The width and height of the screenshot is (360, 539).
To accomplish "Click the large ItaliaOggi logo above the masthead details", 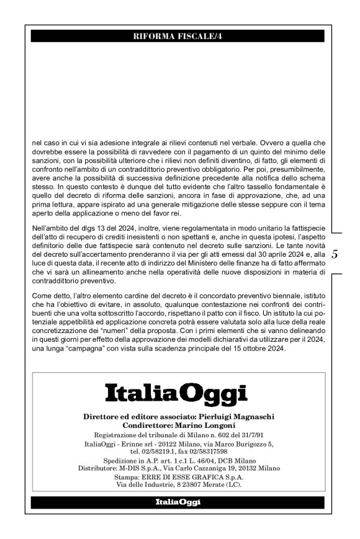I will tap(177, 393).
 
